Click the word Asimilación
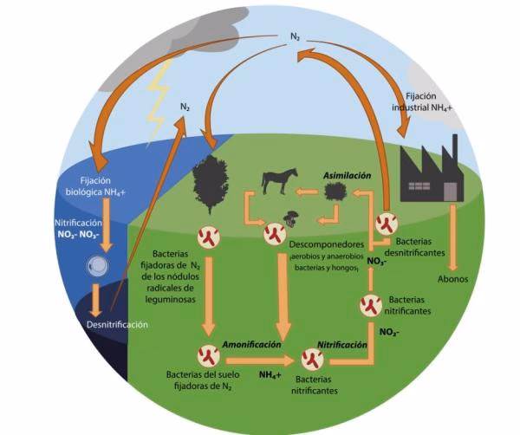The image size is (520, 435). (x=347, y=175)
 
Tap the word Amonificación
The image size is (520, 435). (x=250, y=344)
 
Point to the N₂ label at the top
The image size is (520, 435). (x=296, y=37)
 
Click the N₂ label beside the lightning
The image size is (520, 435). (x=185, y=107)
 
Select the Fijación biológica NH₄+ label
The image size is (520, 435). (x=101, y=187)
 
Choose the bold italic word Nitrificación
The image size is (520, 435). (x=340, y=344)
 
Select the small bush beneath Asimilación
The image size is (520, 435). (x=332, y=194)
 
